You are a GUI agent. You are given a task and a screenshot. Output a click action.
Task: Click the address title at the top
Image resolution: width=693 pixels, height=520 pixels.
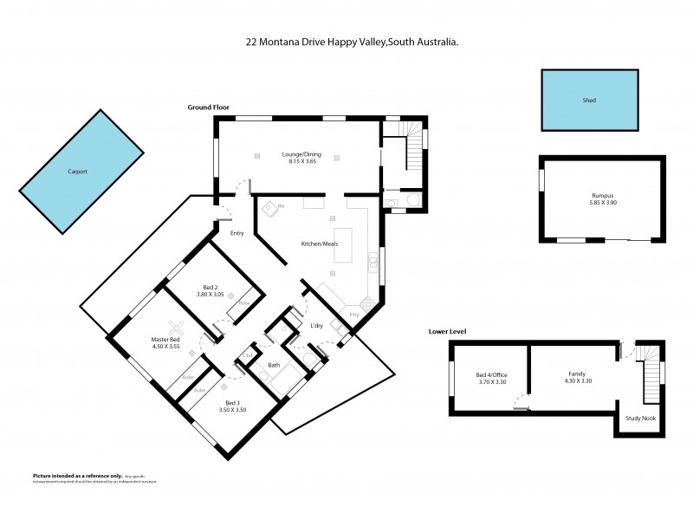click(x=347, y=39)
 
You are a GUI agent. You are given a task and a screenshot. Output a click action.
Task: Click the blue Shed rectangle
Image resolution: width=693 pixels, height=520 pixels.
click(x=588, y=101)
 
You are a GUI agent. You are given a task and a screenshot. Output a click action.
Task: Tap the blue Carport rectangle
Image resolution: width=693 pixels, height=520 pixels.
click(x=81, y=172)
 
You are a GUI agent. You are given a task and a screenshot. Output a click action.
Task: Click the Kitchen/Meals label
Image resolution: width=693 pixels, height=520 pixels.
click(x=319, y=244)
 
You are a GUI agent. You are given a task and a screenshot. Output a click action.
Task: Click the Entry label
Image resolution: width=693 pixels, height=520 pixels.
click(x=236, y=232)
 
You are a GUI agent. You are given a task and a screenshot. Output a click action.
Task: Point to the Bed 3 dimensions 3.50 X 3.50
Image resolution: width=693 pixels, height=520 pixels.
click(x=233, y=410)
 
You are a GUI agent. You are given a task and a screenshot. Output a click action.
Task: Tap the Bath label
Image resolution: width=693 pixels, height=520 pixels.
click(x=274, y=366)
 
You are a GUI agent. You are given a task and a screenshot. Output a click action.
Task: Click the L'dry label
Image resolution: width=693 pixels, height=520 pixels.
click(x=317, y=326)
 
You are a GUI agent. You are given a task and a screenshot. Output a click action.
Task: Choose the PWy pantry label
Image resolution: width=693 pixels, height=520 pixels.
click(x=354, y=314)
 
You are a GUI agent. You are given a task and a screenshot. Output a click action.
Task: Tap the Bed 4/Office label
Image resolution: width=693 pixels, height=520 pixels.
click(x=491, y=374)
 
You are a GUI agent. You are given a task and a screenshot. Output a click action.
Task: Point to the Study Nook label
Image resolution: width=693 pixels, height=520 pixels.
click(x=640, y=418)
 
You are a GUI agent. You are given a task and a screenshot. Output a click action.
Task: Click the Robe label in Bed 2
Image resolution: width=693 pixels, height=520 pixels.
click(x=244, y=303)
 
